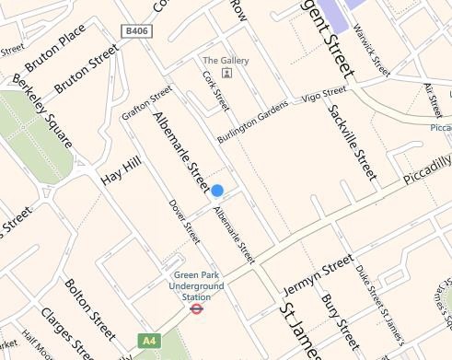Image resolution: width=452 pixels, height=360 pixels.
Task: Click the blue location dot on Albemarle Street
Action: [x=217, y=191]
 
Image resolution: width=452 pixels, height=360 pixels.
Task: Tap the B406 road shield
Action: [x=134, y=31]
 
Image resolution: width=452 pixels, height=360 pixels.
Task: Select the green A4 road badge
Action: [x=148, y=341]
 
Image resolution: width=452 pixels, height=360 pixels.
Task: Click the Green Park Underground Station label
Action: [x=195, y=285]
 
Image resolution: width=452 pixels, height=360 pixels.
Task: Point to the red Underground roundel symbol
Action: [x=195, y=309]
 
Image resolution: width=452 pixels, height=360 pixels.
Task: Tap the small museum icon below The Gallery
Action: [x=226, y=73]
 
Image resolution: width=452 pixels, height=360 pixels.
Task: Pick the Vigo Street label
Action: [x=324, y=93]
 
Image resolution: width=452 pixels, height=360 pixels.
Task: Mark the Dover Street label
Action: [x=184, y=221]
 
